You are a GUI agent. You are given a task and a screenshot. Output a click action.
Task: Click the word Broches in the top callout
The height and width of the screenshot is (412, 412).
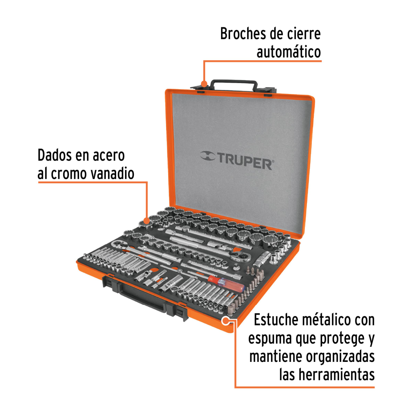tap(242, 34)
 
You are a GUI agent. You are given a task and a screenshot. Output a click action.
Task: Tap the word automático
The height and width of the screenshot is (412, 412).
tap(288, 52)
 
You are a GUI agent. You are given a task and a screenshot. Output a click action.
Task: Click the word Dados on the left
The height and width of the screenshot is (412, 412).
tap(55, 156)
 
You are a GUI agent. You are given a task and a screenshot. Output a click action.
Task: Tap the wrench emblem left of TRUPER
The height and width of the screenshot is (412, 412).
tap(208, 157)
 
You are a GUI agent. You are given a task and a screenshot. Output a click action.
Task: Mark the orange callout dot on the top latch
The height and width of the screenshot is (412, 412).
tap(204, 84)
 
